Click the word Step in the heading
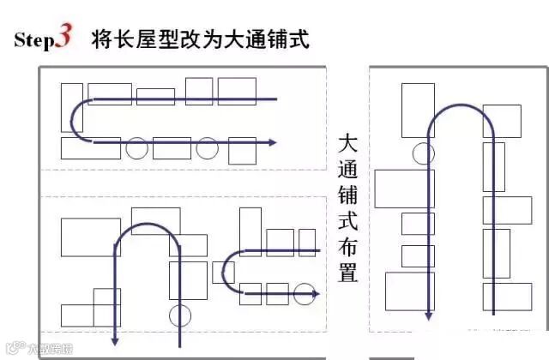pyautogui.click(x=34, y=41)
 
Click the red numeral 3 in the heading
pyautogui.click(x=65, y=38)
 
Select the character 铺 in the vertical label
pyautogui.click(x=347, y=195)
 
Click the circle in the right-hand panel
pyautogui.click(x=422, y=153)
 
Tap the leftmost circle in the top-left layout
pyautogui.click(x=136, y=148)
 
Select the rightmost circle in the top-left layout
pyautogui.click(x=207, y=148)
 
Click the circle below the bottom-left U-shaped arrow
pyautogui.click(x=180, y=314)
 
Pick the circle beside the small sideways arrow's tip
pyautogui.click(x=304, y=294)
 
